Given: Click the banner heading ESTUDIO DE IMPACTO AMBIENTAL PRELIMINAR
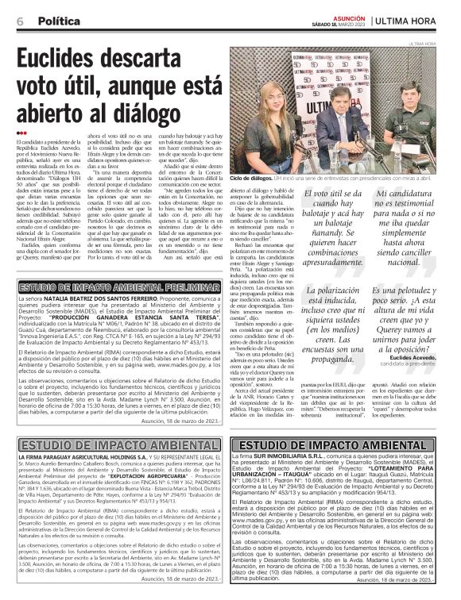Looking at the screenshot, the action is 120,286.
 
